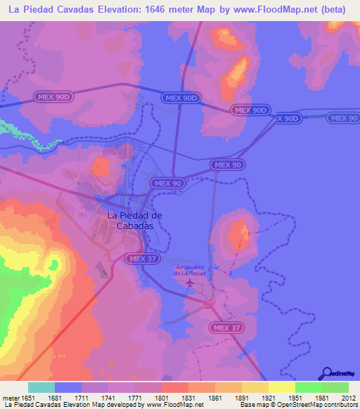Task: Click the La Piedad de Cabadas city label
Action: pyautogui.click(x=135, y=220)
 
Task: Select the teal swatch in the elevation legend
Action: pyautogui.click(x=41, y=387)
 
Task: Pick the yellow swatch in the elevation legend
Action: pyautogui.click(x=282, y=387)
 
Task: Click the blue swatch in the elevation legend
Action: pyautogui.click(x=68, y=387)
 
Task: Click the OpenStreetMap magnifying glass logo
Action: pyautogui.click(x=325, y=373)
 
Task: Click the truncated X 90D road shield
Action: pyautogui.click(x=288, y=119)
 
